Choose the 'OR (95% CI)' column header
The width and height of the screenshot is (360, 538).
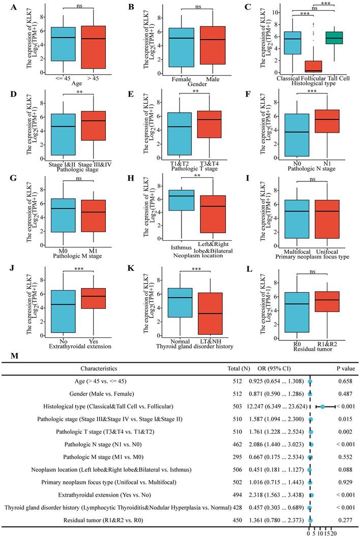click(273, 367)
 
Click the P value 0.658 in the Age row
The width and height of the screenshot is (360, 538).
click(337, 379)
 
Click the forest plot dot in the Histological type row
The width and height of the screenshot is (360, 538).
click(322, 407)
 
